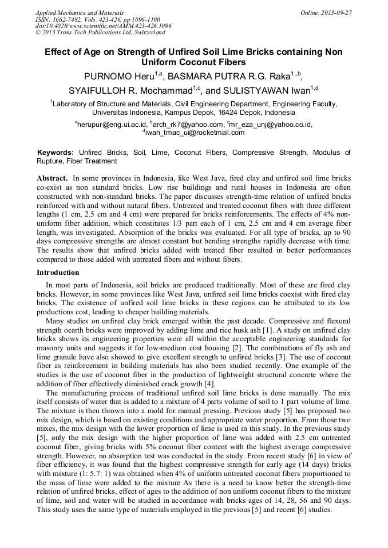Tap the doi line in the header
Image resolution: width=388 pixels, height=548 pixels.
pos(103,26)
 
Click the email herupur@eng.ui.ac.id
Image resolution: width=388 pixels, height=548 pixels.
pos(111,124)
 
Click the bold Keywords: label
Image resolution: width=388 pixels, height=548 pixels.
pos(56,153)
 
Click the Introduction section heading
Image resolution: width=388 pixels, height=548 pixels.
pos(58,273)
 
